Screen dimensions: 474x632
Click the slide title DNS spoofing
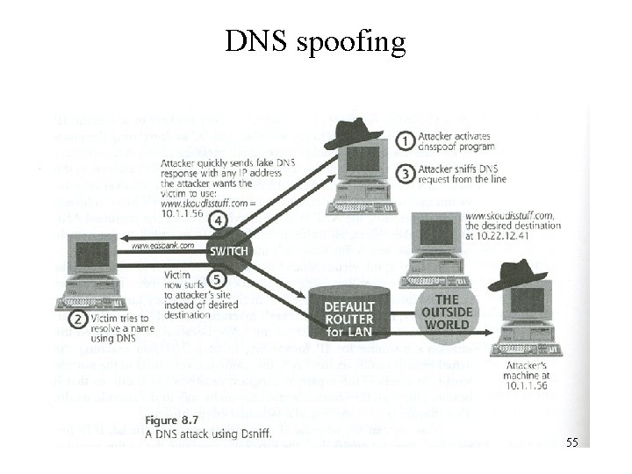click(x=315, y=40)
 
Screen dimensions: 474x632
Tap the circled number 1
click(x=405, y=140)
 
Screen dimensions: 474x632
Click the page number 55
click(x=571, y=443)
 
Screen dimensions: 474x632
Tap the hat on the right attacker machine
click(x=517, y=274)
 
